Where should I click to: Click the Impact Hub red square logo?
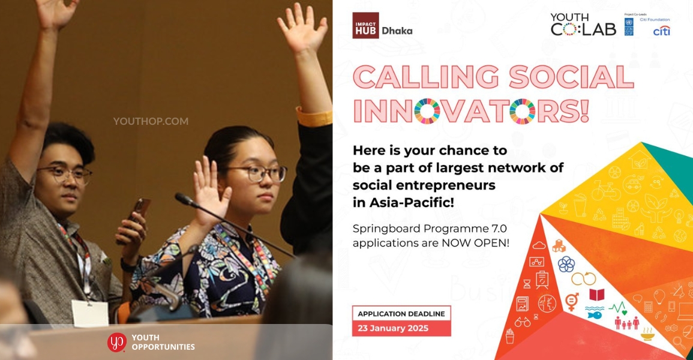(x=365, y=25)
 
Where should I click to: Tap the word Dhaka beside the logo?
(x=397, y=31)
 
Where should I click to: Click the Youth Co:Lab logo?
(x=583, y=25)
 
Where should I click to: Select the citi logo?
(x=661, y=31)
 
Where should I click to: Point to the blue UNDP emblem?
(x=628, y=26)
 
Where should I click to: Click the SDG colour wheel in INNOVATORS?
(x=427, y=111)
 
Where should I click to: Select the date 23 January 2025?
(x=393, y=328)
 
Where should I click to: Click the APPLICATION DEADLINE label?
(x=401, y=313)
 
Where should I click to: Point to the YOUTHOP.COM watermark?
(x=151, y=121)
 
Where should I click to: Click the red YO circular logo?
(x=117, y=342)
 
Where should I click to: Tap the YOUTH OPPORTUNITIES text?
(x=163, y=342)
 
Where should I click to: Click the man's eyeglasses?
(x=65, y=174)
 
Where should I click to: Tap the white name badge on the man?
(x=89, y=313)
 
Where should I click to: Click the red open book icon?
(x=596, y=295)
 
